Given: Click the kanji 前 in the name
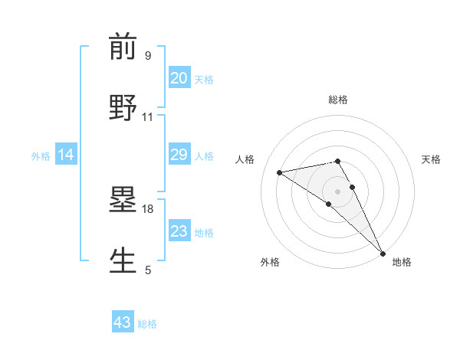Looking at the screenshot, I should pyautogui.click(x=123, y=47).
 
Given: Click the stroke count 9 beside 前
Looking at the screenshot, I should pyautogui.click(x=147, y=56).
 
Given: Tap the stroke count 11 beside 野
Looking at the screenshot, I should pyautogui.click(x=148, y=117).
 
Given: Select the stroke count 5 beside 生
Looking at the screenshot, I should pyautogui.click(x=147, y=270).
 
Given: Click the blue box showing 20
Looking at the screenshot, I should pyautogui.click(x=179, y=78).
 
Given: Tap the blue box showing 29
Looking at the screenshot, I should pyautogui.click(x=179, y=155).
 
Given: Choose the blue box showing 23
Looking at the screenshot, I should pyautogui.click(x=179, y=231).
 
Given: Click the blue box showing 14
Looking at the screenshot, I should pyautogui.click(x=66, y=155).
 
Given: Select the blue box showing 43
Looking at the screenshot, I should pyautogui.click(x=123, y=322).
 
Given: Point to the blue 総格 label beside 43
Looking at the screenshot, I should pyautogui.click(x=147, y=324).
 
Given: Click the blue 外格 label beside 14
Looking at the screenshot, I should pyautogui.click(x=41, y=156).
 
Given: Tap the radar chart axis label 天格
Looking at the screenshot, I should pyautogui.click(x=431, y=159).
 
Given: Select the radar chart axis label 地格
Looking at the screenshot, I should pyautogui.click(x=402, y=262).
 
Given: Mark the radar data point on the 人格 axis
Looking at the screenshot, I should pyautogui.click(x=280, y=172).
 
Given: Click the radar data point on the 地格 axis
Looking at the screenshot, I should pyautogui.click(x=383, y=252).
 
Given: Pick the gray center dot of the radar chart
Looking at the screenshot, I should pyautogui.click(x=338, y=191).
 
